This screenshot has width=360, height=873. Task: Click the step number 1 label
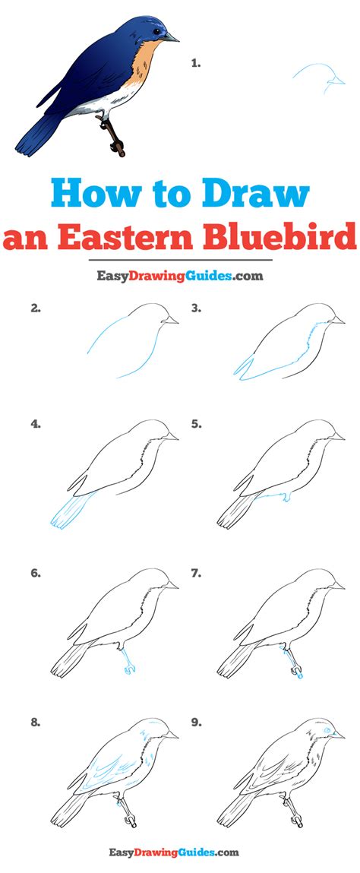pos(196,64)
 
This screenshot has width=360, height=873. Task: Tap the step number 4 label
pos(36,424)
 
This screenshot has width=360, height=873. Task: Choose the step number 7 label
pos(196,573)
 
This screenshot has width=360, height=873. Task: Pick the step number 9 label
pos(196,723)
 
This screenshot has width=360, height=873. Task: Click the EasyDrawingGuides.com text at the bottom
pos(179,852)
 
